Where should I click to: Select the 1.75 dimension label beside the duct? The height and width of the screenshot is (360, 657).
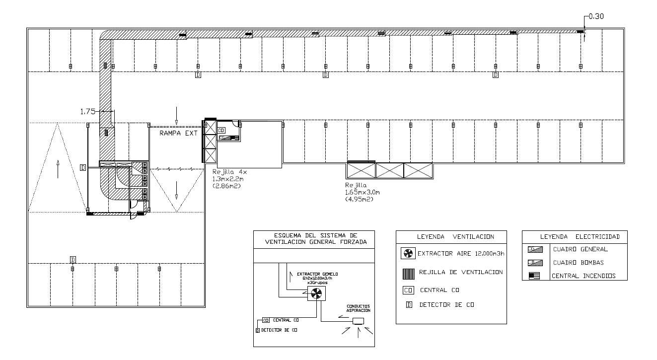click(87, 112)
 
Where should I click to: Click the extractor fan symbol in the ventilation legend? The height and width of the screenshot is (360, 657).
click(407, 254)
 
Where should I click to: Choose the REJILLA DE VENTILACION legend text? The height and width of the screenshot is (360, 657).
click(461, 272)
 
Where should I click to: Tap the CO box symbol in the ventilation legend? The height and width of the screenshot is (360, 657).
click(407, 289)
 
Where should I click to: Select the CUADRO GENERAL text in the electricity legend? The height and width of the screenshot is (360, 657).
click(580, 249)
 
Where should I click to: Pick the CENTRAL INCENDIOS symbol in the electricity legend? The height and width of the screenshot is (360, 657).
click(534, 276)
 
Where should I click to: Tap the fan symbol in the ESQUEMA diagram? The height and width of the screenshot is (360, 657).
click(314, 294)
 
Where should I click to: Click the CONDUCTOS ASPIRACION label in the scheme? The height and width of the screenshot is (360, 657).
click(358, 308)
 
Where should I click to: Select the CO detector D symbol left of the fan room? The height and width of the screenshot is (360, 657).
click(82, 168)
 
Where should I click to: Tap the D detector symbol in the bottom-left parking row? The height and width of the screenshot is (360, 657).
click(73, 260)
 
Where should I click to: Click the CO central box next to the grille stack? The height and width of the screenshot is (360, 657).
click(221, 130)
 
